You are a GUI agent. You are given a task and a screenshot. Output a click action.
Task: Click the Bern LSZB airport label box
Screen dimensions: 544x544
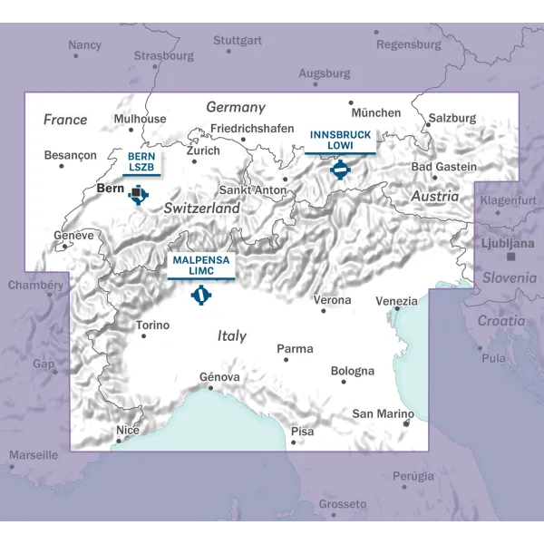pos(141,162)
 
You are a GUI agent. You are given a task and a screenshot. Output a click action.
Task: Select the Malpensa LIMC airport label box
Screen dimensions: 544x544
pos(200,266)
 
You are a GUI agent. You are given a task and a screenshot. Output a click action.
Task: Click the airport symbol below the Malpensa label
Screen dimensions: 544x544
pos(200,294)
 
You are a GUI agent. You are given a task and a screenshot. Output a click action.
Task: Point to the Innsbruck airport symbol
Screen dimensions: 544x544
pos(340,170)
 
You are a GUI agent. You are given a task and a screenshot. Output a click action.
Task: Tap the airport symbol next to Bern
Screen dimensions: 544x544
pos(138,193)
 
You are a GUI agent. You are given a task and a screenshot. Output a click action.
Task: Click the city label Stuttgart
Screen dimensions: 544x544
pos(238,41)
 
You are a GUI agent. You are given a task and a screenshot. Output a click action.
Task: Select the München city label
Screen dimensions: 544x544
pos(374,113)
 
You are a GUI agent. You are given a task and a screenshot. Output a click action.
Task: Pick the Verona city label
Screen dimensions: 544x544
pos(331,299)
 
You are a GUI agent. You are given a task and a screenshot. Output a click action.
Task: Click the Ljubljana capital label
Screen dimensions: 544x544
pos(508,244)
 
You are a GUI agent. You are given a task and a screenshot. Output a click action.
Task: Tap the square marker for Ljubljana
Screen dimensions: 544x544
pos(510,257)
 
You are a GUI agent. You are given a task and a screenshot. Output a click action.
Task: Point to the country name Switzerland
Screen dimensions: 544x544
pos(201,209)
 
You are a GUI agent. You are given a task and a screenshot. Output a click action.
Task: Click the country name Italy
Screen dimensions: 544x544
pos(232,335)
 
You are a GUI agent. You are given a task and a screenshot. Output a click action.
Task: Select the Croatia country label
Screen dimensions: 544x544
pos(501,321)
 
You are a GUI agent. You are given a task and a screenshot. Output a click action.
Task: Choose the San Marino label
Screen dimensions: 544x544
pos(383,414)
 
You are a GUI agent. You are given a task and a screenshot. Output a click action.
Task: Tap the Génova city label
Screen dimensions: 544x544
pos(219,377)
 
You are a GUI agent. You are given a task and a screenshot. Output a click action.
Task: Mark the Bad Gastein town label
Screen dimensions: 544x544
pos(443,167)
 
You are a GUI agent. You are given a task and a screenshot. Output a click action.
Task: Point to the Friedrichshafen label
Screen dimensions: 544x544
pos(252,129)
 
